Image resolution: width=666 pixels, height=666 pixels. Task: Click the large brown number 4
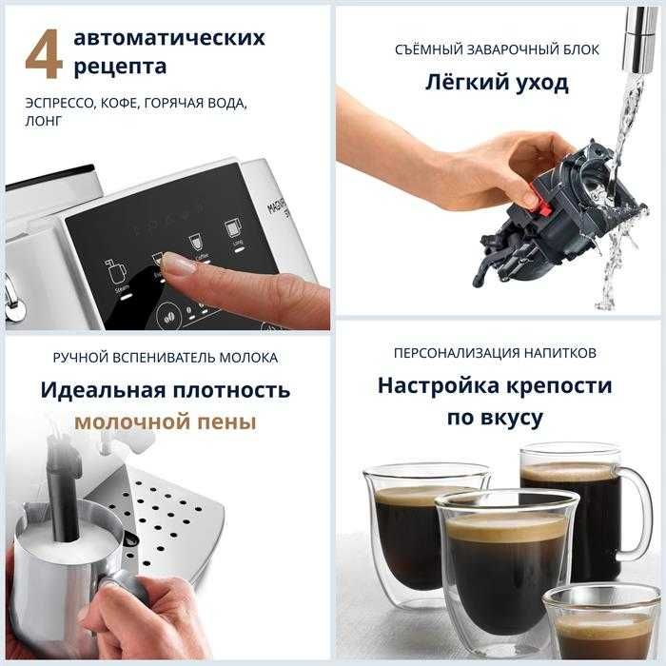[x=43, y=56]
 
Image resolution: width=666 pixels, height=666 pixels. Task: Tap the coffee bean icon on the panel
[x=166, y=314]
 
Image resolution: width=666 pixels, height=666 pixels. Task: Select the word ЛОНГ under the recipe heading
[x=44, y=122]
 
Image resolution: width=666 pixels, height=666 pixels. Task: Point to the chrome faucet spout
[x=637, y=38]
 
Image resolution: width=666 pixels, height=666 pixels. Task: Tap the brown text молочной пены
[x=166, y=421]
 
